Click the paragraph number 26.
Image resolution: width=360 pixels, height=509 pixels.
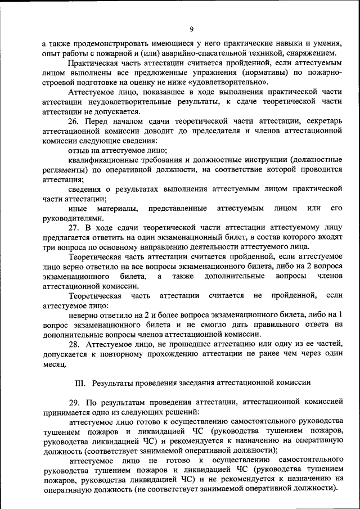click(74, 120)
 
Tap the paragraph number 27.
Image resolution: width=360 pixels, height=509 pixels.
click(74, 227)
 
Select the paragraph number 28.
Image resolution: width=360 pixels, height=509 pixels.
click(74, 344)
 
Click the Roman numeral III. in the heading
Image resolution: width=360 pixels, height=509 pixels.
click(81, 382)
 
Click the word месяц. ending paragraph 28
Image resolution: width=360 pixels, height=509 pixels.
click(55, 363)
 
